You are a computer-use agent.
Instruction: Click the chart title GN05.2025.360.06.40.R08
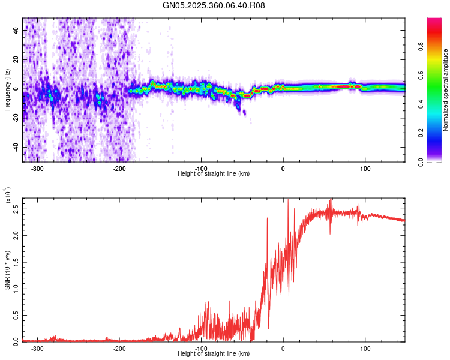click(214, 5)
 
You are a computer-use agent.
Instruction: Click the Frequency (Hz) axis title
click(8, 89)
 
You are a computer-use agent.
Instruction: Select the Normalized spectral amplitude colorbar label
click(446, 90)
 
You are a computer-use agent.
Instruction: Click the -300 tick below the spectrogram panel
click(38, 169)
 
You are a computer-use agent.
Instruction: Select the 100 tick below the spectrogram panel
click(365, 169)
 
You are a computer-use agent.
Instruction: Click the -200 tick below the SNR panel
click(120, 349)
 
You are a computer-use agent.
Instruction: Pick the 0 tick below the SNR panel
click(283, 349)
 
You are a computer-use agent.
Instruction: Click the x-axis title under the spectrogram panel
click(214, 174)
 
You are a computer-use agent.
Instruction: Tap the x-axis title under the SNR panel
click(214, 354)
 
